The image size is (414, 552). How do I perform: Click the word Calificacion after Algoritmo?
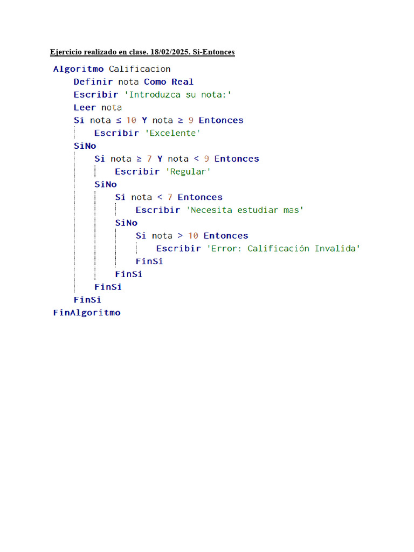140,69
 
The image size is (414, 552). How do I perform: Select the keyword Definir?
93,82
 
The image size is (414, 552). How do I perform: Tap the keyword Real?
182,82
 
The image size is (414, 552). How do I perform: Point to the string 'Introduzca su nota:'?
178,95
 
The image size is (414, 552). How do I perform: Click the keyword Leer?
85,107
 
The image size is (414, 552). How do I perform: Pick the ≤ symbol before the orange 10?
119,120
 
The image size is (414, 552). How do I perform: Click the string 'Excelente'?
172,133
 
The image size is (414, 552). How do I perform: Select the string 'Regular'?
188,172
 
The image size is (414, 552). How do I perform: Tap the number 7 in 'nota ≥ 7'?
149,159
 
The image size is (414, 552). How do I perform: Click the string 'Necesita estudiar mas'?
245,210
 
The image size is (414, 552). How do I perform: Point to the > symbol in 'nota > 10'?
180,236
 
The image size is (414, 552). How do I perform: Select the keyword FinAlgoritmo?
87,313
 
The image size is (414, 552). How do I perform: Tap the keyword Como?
155,82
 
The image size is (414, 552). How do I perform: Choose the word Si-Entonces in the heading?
213,52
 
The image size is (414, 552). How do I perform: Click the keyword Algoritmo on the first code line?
79,69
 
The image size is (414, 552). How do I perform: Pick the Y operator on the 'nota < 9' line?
160,159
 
